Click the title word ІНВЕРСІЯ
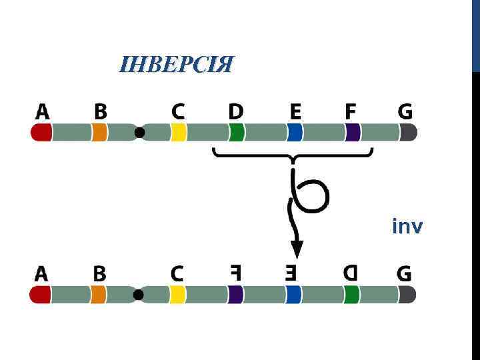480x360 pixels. tap(177, 65)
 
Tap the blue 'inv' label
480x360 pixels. tap(407, 227)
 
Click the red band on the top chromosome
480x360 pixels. tap(41, 133)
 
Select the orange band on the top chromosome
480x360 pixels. tap(99, 133)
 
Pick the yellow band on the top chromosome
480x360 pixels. tap(178, 133)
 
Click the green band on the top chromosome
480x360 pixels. tap(236, 133)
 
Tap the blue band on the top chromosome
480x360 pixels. tap(295, 133)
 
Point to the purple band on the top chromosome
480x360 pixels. tap(353, 133)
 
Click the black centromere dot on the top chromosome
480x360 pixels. tap(139, 133)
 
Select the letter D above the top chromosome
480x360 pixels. tap(236, 111)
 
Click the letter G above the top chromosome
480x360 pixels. tap(405, 111)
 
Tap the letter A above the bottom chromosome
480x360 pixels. tap(41, 273)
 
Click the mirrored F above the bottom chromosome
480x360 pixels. tap(235, 273)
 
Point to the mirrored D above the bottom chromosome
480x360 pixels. tap(351, 273)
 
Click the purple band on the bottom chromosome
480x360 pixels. tap(235, 295)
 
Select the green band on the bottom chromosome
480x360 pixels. tap(351, 295)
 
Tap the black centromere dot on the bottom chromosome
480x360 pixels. tap(139, 295)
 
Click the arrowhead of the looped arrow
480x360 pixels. tap(297, 250)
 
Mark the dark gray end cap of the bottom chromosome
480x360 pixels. tap(407, 295)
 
